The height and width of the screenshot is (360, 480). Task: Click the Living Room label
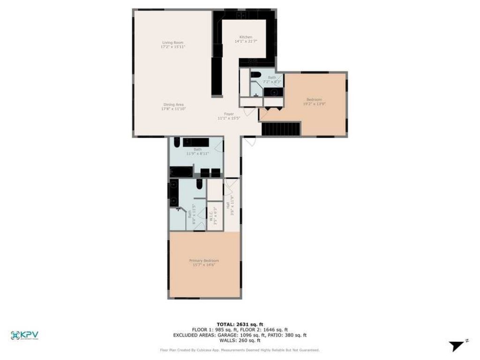(x=172, y=43)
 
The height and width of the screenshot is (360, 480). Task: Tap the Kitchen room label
(x=246, y=37)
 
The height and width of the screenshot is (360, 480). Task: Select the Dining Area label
(x=173, y=105)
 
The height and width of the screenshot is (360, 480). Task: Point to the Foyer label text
(x=228, y=114)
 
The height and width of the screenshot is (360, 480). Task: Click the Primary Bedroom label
(x=204, y=261)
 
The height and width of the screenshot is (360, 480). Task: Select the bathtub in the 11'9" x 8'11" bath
(x=181, y=172)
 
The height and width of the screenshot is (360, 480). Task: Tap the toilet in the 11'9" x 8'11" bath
(x=177, y=142)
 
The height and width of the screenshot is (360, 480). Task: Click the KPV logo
(x=24, y=335)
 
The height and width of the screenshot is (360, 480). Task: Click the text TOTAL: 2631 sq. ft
(x=240, y=324)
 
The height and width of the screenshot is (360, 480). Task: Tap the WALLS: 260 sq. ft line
(x=240, y=341)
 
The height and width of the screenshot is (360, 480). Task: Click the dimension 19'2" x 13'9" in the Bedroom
(x=314, y=104)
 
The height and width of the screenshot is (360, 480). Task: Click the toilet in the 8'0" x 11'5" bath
(x=199, y=185)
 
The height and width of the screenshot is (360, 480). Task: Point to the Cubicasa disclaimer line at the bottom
(x=240, y=350)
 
